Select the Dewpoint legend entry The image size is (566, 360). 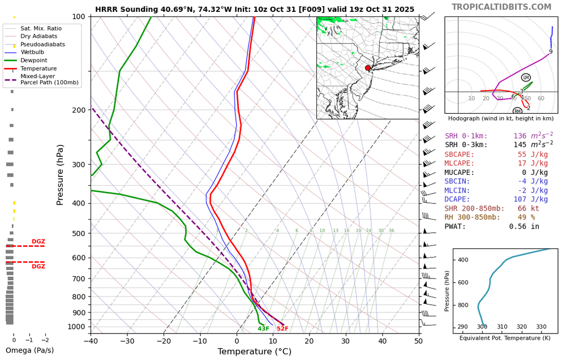34,60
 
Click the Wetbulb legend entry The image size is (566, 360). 34,52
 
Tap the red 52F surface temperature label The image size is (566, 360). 282,329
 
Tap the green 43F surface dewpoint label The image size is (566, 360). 263,329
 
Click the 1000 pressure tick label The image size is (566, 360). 76,327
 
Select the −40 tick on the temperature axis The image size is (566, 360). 91,341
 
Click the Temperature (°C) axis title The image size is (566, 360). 254,352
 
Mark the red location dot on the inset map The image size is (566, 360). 368,68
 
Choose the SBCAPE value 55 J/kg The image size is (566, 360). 533,154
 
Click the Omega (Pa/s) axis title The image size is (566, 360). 29,350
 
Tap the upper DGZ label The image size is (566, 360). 38,242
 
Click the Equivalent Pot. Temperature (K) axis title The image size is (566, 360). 505,338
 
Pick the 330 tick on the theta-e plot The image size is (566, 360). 541,327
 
